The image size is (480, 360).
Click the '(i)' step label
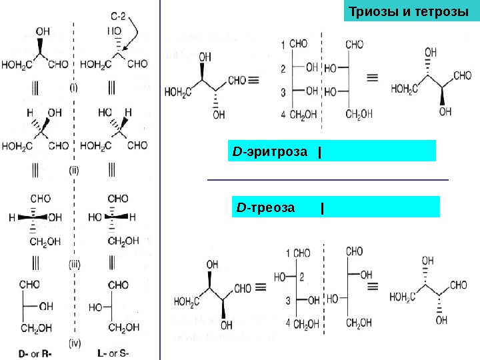point(74,87)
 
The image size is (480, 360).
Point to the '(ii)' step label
point(74,170)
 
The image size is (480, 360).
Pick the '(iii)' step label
point(74,264)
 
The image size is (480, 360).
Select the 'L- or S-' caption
point(113,353)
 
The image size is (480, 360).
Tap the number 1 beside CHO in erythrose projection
point(283,45)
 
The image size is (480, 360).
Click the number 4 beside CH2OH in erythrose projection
point(283,115)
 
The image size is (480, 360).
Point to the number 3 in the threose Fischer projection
point(289,301)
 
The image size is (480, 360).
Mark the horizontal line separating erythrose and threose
point(328,179)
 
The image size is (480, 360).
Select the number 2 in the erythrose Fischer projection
point(283,68)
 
